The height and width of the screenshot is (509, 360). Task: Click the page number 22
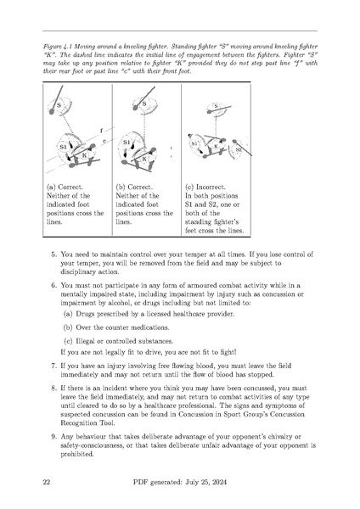(x=48, y=482)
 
